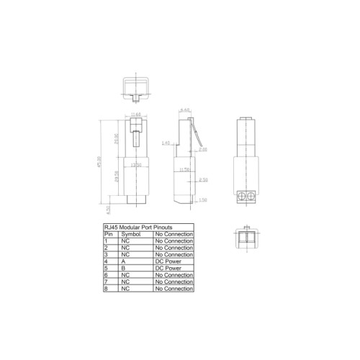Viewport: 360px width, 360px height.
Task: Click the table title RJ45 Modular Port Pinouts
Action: pos(138,228)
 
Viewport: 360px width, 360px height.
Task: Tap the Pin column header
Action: pos(109,235)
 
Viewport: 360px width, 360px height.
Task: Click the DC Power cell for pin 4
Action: pos(168,262)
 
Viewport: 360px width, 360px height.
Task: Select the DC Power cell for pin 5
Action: pos(168,269)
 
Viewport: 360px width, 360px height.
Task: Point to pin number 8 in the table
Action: pos(107,289)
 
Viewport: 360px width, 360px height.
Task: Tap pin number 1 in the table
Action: pos(107,241)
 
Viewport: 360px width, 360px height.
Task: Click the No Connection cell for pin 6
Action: pos(174,275)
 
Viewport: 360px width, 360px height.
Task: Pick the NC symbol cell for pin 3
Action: pos(125,255)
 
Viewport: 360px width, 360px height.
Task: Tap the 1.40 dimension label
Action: pos(166,143)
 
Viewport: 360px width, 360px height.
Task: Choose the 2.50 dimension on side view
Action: pos(204,180)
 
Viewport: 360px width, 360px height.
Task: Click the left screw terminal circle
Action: pos(243,196)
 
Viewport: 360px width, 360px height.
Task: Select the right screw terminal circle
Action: pos(251,196)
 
